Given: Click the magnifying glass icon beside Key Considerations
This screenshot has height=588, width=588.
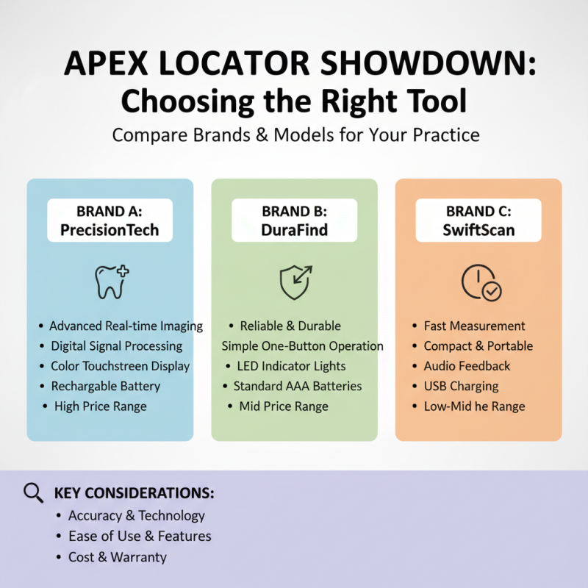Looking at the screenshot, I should click(34, 492).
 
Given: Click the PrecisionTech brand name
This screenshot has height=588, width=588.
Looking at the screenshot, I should click(110, 229).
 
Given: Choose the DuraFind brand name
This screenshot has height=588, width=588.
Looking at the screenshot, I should click(294, 229).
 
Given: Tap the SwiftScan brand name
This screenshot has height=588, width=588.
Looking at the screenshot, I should click(478, 229).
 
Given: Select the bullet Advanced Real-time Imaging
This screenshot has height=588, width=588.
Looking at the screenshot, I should click(126, 326).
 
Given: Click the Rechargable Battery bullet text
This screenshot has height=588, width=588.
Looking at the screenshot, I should click(105, 386).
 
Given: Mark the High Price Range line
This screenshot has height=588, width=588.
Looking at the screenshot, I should click(100, 406).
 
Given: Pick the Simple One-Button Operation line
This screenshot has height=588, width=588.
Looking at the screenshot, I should click(302, 345).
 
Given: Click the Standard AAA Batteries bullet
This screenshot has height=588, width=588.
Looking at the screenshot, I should click(297, 386).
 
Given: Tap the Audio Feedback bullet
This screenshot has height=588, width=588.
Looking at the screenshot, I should click(467, 366).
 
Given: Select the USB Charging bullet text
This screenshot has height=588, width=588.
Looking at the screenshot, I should click(461, 386).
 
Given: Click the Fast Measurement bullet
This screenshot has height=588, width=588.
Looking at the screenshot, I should click(474, 326).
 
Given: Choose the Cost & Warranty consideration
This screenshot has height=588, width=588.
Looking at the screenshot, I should click(118, 557).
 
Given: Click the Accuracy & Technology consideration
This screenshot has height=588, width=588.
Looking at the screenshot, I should click(137, 516).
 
